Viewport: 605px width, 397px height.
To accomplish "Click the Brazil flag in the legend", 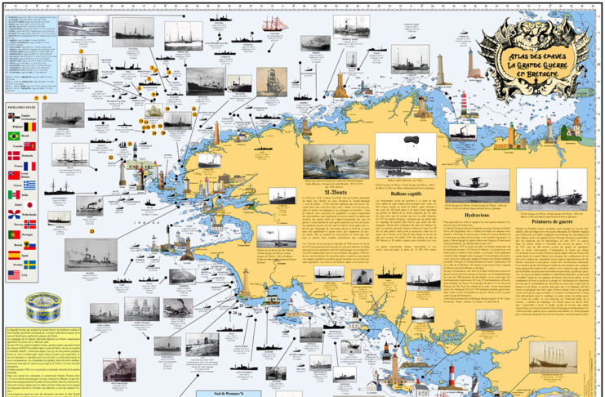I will pos(14,136).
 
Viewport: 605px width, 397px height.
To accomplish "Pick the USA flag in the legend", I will pos(14,275).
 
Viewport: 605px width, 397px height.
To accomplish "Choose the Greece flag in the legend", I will pos(29,185).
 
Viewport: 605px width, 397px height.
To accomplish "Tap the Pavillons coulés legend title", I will pos(23,107).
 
